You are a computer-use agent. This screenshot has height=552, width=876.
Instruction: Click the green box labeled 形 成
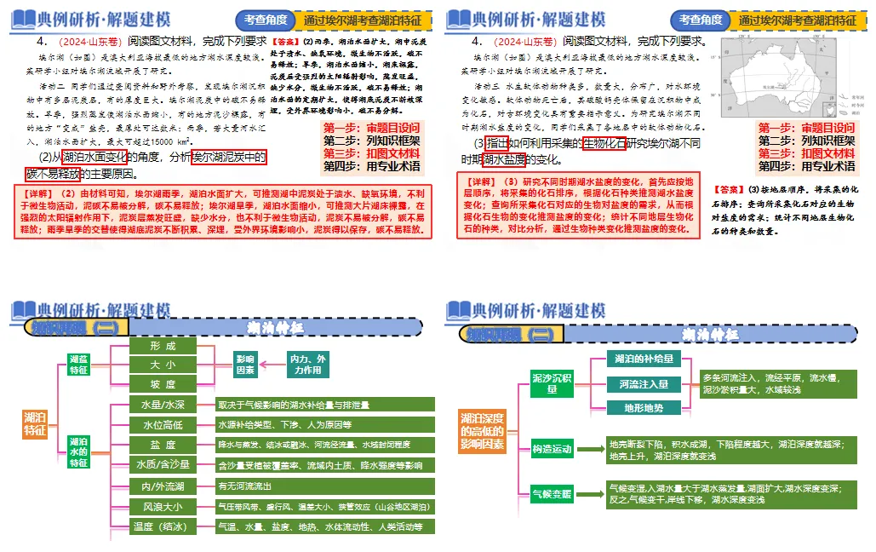pos(163,346)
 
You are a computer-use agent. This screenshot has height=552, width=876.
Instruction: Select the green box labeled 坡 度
pos(163,385)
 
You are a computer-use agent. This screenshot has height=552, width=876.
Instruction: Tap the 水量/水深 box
pos(163,405)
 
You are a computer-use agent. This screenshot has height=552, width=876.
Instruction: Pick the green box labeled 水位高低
pos(163,425)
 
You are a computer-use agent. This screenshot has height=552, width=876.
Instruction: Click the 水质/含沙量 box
pos(163,465)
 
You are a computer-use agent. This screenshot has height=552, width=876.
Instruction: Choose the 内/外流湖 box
pos(163,486)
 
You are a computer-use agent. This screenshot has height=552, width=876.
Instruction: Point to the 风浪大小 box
pos(163,507)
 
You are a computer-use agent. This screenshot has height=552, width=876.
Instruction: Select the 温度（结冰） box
pos(163,526)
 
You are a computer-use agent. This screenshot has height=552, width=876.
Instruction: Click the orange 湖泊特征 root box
pos(36,423)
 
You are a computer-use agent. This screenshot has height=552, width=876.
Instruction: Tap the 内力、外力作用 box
pos(307,365)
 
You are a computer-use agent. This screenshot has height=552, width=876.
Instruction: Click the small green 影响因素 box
pos(245,365)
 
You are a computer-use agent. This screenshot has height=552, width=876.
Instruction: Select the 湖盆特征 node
pos(78,365)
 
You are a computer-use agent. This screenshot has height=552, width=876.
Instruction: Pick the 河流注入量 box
pos(644,384)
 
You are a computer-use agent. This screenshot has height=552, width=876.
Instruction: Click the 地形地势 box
pos(644,408)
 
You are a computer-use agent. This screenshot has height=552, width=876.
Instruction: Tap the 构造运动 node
pos(552,449)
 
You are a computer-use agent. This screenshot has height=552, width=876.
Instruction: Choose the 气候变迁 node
pos(552,493)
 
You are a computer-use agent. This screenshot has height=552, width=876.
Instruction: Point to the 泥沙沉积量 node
pos(552,382)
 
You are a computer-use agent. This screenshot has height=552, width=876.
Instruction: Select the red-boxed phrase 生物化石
pos(604,143)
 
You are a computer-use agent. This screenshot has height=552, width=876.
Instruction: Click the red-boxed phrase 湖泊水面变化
pos(95,157)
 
